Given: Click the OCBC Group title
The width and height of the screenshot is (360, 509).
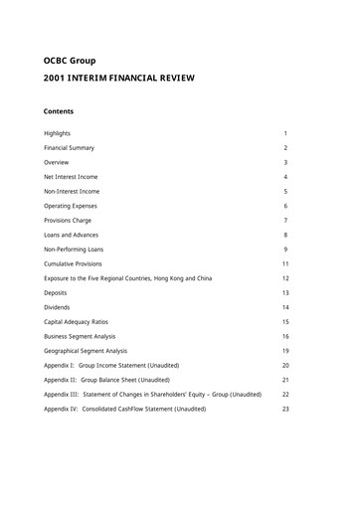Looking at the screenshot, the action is (72, 61).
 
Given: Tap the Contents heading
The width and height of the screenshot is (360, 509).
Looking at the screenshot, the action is (59, 111).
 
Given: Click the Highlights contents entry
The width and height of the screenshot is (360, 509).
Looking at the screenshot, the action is (57, 133).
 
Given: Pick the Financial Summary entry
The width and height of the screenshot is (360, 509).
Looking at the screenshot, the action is (71, 147).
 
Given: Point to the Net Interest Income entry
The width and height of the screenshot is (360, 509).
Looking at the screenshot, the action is (71, 176).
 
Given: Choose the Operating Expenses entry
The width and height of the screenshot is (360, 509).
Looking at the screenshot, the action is (71, 206).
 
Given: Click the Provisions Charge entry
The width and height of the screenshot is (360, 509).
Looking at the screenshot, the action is (69, 220).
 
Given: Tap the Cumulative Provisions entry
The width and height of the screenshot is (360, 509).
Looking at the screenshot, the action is (74, 263).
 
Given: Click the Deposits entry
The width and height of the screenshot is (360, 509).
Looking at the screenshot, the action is (56, 292).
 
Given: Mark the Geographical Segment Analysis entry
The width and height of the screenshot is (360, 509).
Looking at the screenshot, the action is (87, 351).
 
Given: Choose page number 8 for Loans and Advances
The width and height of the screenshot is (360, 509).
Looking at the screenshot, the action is (285, 235).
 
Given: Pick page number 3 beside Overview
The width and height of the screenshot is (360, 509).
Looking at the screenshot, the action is (285, 162).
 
